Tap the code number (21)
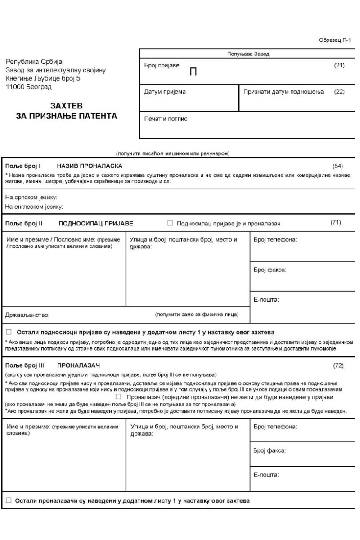tap(339, 66)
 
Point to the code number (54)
tap(337, 166)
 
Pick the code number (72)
tap(338, 366)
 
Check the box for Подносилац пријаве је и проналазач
tap(170, 223)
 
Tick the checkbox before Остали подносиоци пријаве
tap(9, 332)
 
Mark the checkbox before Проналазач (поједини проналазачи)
tap(119, 397)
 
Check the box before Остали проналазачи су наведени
tap(9, 501)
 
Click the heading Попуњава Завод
tap(247, 54)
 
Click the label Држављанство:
tap(27, 315)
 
